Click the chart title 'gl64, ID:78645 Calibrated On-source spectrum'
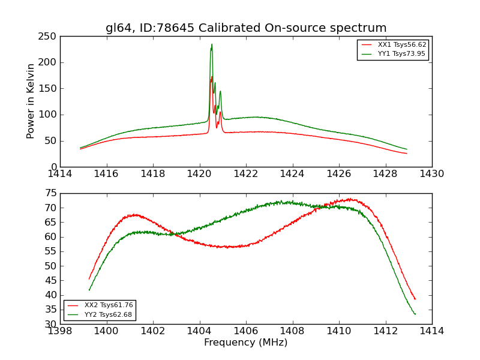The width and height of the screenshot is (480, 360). [246, 28]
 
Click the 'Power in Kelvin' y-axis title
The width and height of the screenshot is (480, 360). [31, 101]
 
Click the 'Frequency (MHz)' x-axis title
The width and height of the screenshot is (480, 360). [246, 343]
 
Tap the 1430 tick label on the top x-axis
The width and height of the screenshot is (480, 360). [432, 173]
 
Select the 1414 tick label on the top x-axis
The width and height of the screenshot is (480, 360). [61, 173]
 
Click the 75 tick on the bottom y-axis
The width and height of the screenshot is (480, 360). [51, 193]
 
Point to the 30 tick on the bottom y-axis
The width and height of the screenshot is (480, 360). [51, 324]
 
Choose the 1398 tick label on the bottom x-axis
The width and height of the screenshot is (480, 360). [61, 331]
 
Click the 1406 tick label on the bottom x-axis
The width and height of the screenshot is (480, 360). [246, 331]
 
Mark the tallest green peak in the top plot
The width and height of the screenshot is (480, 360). [212, 44]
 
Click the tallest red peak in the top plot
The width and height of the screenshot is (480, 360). [212, 77]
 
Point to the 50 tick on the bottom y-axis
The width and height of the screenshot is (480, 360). [51, 266]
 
